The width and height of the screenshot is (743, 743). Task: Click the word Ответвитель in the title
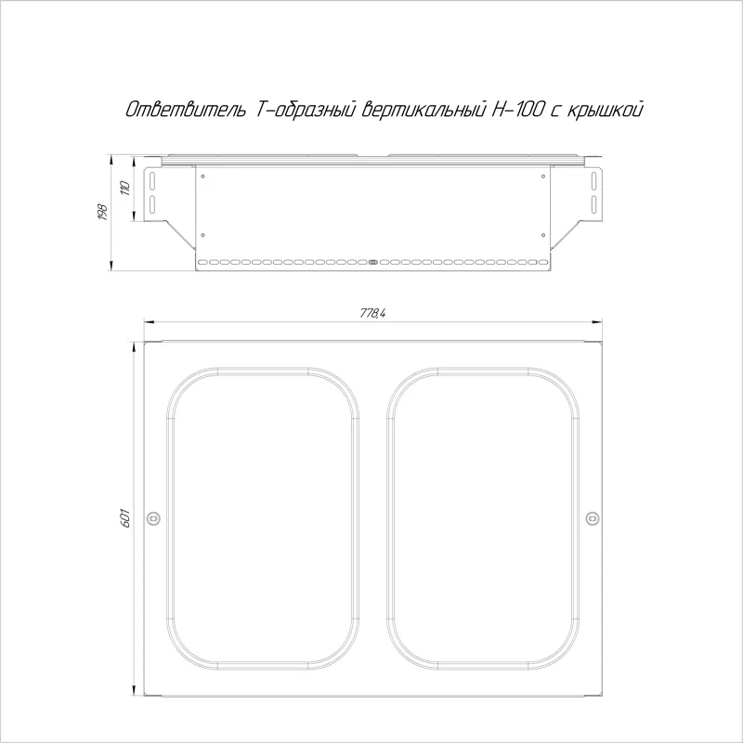(186, 110)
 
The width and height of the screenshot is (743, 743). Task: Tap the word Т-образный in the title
(306, 110)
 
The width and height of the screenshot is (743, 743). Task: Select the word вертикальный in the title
(424, 110)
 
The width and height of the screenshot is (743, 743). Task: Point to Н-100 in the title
(517, 110)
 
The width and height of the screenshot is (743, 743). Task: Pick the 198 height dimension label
(102, 212)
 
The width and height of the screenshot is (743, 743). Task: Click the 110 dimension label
(125, 189)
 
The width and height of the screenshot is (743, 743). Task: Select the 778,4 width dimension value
(372, 314)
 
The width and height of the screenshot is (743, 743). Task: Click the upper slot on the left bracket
(152, 180)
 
